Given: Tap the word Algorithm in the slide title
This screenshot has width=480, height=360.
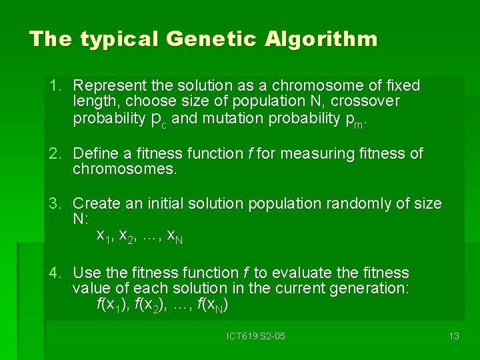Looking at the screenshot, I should pos(321,39).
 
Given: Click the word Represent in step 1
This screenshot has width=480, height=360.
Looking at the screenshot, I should pos(110,85).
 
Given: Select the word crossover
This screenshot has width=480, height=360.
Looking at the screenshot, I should pos(368,101).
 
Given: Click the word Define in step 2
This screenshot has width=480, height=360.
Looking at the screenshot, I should pos(94,153).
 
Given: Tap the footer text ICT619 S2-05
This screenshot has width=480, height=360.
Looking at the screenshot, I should pos(255,336).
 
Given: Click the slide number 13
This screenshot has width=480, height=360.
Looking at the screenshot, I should pos(454,336).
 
